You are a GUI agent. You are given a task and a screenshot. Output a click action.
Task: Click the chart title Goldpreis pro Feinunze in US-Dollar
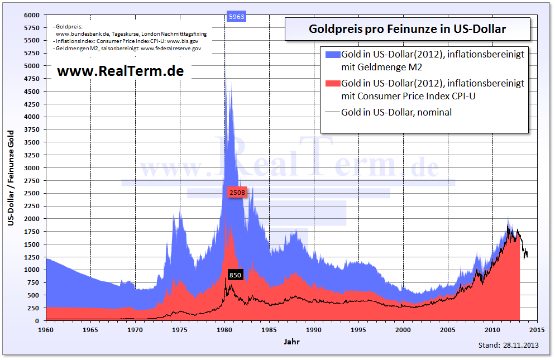407,29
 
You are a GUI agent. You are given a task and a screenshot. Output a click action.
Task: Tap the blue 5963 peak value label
237,17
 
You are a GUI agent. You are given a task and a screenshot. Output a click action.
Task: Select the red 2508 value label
237,193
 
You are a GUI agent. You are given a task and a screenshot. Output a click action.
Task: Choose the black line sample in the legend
332,112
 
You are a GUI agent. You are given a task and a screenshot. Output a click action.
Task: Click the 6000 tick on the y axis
31,15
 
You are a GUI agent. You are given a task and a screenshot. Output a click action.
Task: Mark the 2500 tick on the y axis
31,193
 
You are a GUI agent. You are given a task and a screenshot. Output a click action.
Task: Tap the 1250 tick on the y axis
31,257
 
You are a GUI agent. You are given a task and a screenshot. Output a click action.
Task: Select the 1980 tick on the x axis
224,330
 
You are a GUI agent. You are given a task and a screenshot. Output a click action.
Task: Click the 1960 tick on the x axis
46,330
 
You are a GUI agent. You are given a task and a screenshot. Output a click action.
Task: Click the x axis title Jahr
291,341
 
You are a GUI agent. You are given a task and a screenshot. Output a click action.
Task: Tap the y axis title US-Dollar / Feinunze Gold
11,177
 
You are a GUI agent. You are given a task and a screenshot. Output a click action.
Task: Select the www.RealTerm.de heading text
120,71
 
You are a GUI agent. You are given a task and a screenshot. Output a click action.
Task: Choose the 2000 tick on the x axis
403,330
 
